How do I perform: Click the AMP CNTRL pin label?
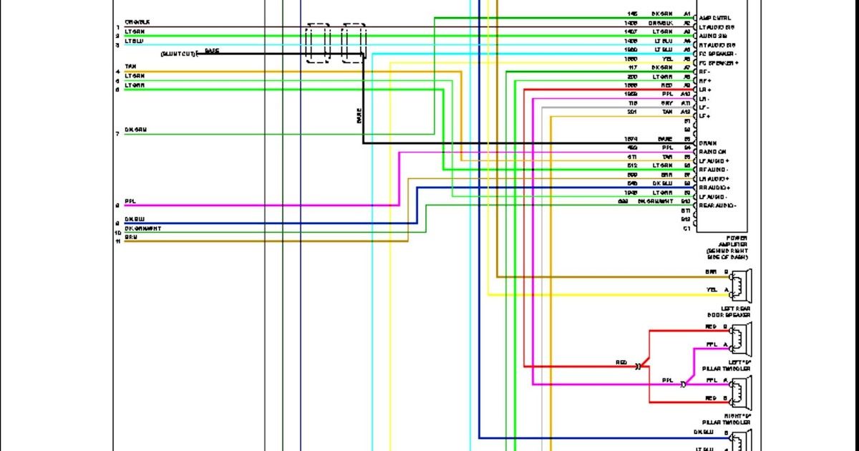click(x=714, y=18)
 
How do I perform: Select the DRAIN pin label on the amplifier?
click(x=708, y=143)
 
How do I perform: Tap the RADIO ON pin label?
click(x=712, y=152)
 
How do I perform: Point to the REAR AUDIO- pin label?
click(x=718, y=205)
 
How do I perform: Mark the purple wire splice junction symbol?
click(x=682, y=384)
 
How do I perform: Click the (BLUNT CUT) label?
click(x=178, y=54)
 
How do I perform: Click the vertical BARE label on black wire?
click(x=359, y=115)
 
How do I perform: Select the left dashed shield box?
click(x=318, y=44)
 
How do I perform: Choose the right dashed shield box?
click(x=354, y=44)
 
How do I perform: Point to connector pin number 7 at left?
click(x=117, y=134)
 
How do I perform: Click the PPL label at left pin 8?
click(x=130, y=201)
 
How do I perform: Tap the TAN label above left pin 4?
click(x=130, y=67)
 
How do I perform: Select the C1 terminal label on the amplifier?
click(x=686, y=228)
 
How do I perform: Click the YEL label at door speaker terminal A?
click(x=711, y=290)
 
